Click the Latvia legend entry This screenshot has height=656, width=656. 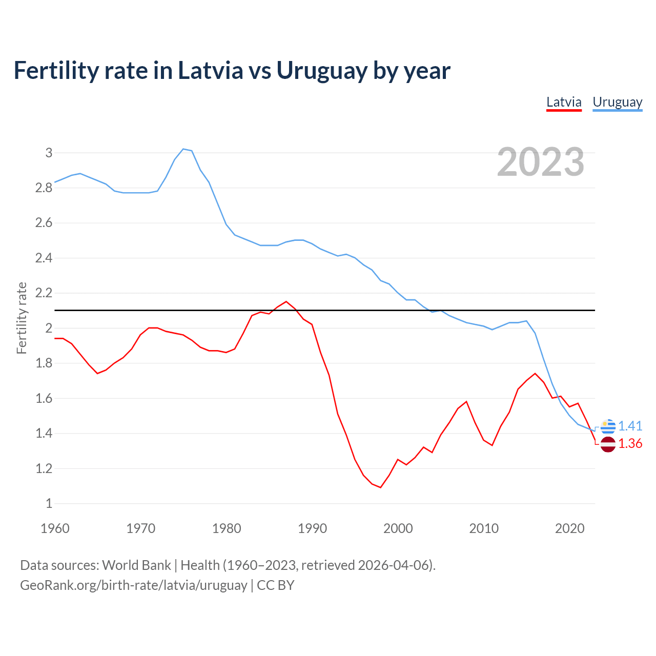click(564, 102)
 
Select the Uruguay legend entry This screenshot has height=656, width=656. click(617, 102)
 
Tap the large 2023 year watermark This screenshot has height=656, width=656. click(541, 162)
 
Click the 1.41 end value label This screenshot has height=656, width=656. click(630, 426)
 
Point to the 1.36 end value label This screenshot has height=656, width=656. click(630, 443)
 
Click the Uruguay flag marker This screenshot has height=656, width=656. click(608, 426)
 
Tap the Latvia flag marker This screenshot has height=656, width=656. click(608, 444)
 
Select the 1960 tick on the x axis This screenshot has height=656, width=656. click(55, 528)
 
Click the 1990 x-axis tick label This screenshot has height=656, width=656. click(312, 528)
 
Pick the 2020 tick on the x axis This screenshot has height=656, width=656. click(569, 528)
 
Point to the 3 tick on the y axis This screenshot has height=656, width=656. click(49, 153)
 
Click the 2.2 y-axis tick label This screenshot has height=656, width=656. click(44, 293)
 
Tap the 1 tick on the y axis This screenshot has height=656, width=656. click(49, 504)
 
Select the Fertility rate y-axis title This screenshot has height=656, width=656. click(22, 318)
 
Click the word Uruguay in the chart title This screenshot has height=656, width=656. click(322, 71)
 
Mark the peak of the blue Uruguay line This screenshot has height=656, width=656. click(183, 149)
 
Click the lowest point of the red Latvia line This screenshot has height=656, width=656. click(380, 487)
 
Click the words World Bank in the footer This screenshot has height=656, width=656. click(136, 565)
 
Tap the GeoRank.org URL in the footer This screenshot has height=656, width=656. click(133, 585)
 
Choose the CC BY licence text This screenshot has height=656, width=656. click(276, 585)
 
